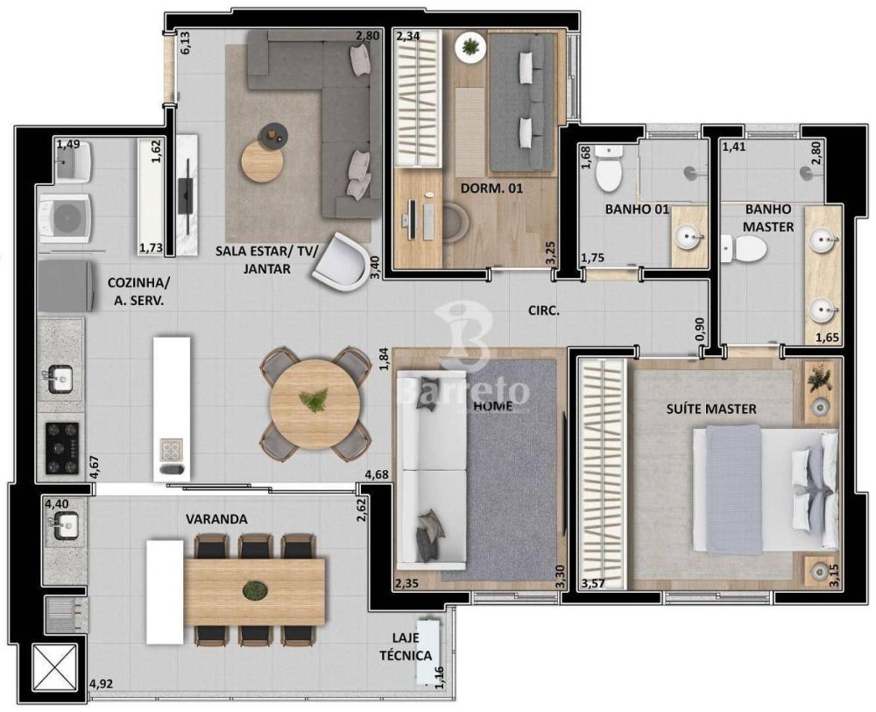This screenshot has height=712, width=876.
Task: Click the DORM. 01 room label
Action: [491, 188]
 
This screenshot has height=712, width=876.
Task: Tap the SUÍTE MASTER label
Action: [711, 409]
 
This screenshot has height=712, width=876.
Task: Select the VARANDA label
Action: [216, 519]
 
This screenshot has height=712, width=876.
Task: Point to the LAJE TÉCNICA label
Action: [406, 646]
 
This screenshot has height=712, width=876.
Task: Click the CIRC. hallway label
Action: [544, 311]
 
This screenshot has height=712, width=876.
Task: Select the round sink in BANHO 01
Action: [689, 237]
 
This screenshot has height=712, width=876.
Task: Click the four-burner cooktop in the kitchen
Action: [61, 448]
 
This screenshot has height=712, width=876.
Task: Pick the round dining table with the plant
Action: [315, 402]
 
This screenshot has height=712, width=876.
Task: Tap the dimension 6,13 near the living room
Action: [185, 42]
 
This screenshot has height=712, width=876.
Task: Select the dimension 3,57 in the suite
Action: [593, 584]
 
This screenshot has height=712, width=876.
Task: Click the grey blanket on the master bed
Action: [734, 490]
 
